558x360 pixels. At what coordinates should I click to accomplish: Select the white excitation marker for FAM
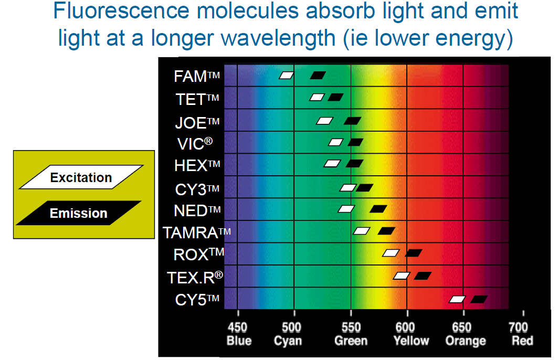[x=286, y=76]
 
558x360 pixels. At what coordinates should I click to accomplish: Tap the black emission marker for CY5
[x=479, y=299]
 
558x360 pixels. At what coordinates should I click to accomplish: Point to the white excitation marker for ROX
[x=391, y=253]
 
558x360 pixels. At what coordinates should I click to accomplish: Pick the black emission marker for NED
[x=378, y=209]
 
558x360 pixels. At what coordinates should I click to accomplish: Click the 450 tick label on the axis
[x=238, y=328]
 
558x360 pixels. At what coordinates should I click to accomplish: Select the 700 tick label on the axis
[x=519, y=328]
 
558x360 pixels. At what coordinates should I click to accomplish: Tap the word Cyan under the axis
[x=288, y=341]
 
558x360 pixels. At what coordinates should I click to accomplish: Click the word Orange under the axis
[x=465, y=341]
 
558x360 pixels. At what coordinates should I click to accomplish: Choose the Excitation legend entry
[x=81, y=177]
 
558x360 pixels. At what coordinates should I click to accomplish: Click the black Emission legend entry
[x=79, y=213]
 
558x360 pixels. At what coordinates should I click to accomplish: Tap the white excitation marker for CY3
[x=348, y=188]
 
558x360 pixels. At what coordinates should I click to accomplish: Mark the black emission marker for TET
[x=335, y=97]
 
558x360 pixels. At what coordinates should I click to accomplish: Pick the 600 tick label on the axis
[x=406, y=328]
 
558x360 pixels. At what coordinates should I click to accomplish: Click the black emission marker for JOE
[x=352, y=121]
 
